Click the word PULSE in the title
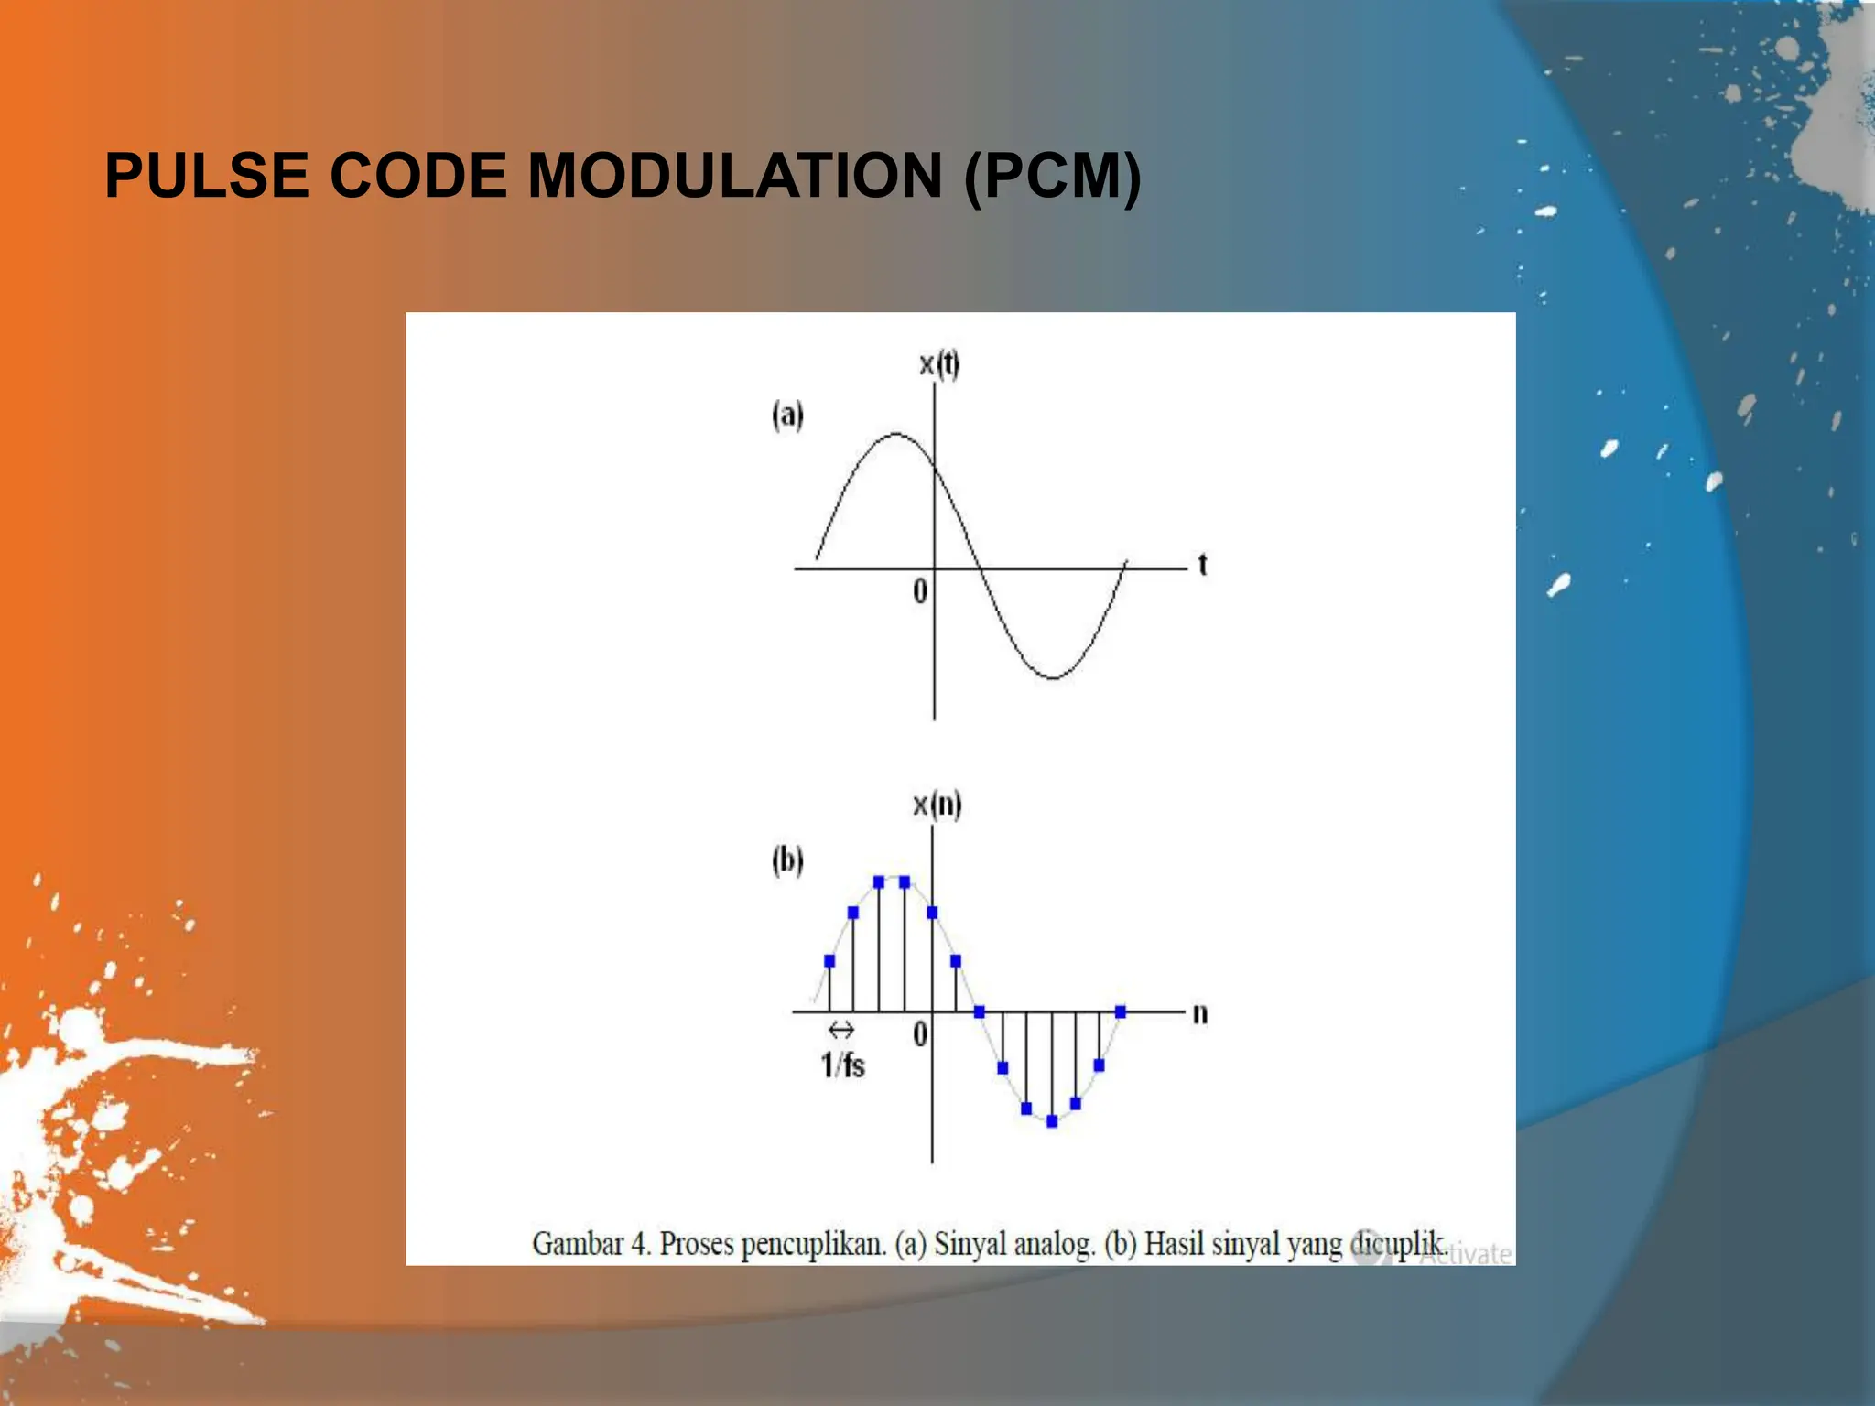tap(206, 175)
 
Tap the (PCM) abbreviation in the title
tap(1052, 175)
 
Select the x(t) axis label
tap(939, 364)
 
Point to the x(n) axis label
tap(937, 805)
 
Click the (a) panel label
tap(787, 415)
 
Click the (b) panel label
tap(787, 860)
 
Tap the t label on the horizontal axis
tap(1202, 565)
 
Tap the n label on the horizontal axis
tap(1200, 1013)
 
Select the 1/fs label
tap(842, 1065)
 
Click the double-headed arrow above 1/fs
tap(840, 1030)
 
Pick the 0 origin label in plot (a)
tap(920, 591)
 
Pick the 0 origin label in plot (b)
tap(920, 1034)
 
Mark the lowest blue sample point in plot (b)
tap(1052, 1121)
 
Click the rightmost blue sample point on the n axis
tap(1121, 1011)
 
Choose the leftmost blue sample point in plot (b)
tap(829, 961)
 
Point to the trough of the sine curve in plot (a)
tap(1053, 678)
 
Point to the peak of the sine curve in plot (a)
tap(895, 433)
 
